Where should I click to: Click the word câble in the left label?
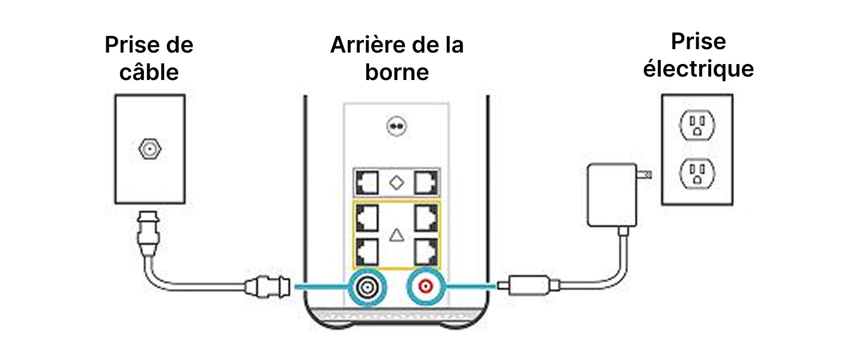[x=150, y=72]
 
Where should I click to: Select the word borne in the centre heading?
[x=396, y=73]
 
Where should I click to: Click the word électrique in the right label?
[x=698, y=69]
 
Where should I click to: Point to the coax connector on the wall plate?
[x=149, y=150]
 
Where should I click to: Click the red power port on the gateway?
[x=425, y=285]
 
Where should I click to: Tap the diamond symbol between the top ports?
[x=396, y=183]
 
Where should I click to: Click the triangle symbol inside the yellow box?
[x=396, y=235]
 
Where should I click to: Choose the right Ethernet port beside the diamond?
[x=426, y=183]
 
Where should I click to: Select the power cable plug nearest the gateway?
[x=523, y=285]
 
